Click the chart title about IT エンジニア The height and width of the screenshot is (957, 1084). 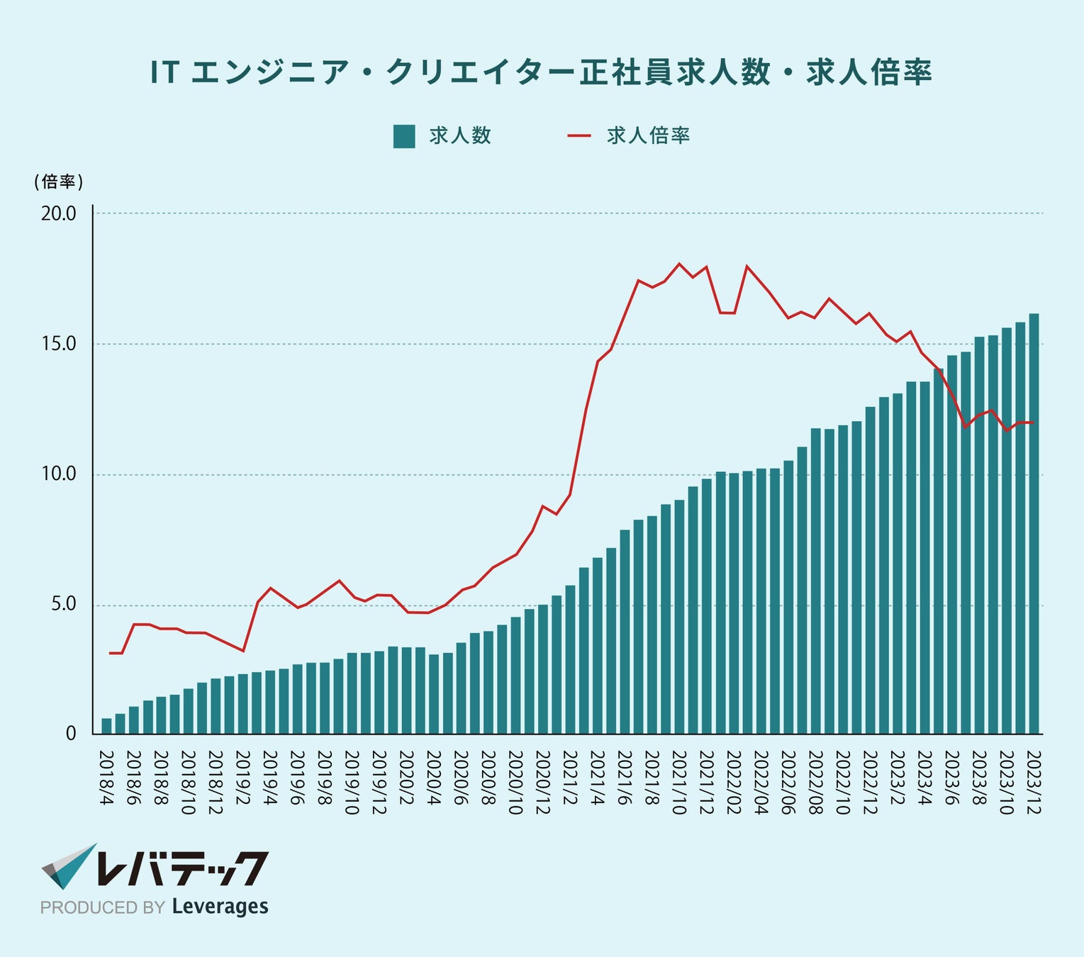click(x=541, y=72)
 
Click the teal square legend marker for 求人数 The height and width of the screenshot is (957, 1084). click(x=403, y=136)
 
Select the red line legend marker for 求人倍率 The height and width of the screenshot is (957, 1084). click(x=579, y=135)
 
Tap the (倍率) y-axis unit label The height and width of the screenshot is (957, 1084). click(x=59, y=182)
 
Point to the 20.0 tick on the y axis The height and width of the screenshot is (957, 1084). click(x=59, y=213)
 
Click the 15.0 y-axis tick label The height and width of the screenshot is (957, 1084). click(x=59, y=344)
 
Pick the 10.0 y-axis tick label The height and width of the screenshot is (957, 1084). click(x=59, y=474)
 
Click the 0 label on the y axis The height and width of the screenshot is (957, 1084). click(x=71, y=734)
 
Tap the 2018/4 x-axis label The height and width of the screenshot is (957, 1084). click(x=106, y=777)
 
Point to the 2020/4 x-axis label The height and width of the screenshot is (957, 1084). click(x=433, y=777)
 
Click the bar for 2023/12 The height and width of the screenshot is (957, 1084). click(x=1034, y=525)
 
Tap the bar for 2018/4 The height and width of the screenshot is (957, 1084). click(x=106, y=727)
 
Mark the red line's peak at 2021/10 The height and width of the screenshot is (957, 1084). click(x=679, y=264)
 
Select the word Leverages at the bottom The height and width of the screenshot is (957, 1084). click(x=220, y=907)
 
